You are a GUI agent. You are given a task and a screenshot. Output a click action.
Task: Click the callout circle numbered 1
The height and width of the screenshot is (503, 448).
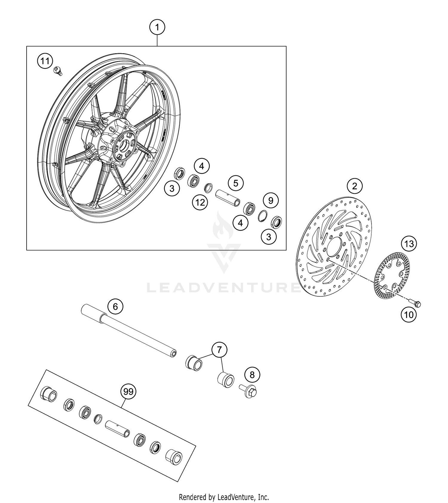157,28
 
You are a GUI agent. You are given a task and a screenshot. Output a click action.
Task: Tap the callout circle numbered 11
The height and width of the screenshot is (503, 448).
45,61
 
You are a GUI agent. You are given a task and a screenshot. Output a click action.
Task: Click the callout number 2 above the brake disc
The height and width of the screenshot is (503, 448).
355,186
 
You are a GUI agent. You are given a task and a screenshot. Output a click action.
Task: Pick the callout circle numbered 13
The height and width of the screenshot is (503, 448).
409,243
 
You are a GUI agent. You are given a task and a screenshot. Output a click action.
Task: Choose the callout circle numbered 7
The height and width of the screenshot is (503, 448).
220,350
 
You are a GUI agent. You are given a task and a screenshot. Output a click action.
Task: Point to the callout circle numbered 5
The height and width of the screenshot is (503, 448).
236,183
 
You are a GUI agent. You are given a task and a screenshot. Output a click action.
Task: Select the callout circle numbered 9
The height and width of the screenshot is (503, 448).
271,200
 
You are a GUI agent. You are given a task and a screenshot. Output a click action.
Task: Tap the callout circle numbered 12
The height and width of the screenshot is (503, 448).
200,202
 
